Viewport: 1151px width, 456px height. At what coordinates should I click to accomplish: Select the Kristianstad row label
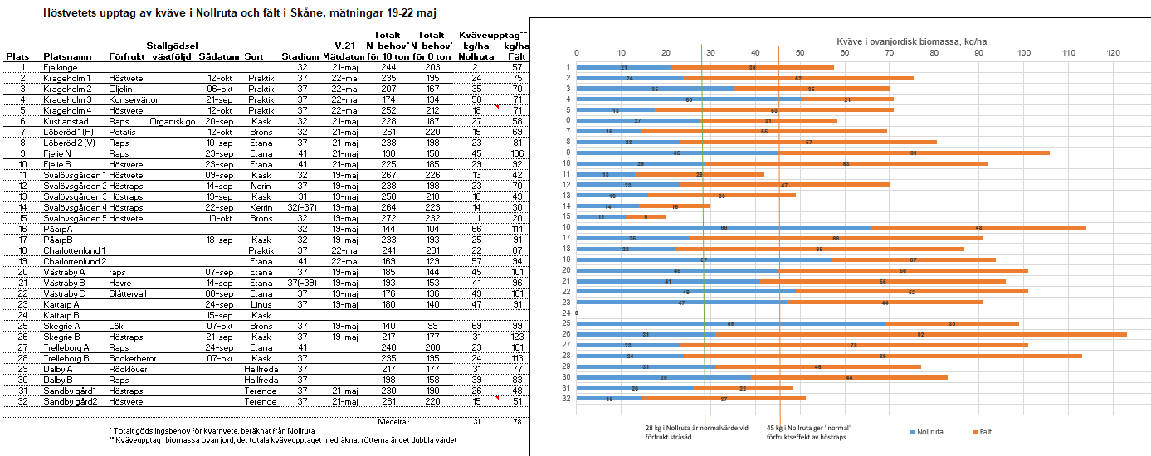coord(67,121)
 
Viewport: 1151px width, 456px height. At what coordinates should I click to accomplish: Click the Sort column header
coord(254,56)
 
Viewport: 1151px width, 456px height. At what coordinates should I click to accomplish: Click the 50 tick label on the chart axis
coord(800,53)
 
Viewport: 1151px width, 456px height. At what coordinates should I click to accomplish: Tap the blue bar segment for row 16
coord(724,227)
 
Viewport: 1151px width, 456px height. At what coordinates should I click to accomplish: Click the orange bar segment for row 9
coord(914,153)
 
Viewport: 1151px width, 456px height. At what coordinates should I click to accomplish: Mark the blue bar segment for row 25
coord(731,323)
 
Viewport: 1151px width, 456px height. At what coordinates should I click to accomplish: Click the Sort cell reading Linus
coord(261,304)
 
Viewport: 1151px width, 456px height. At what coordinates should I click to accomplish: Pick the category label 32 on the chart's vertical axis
coord(568,398)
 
